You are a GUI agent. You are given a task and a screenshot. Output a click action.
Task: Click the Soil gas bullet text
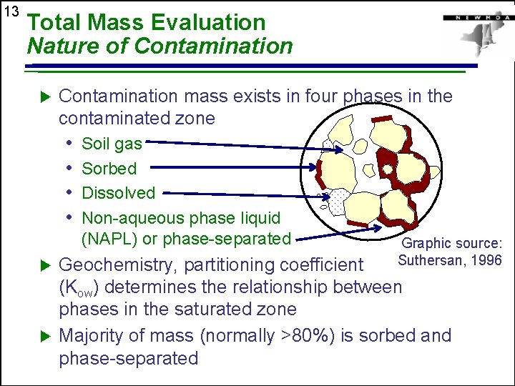pyautogui.click(x=112, y=144)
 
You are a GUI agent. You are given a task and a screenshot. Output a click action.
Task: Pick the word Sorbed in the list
pyautogui.click(x=109, y=169)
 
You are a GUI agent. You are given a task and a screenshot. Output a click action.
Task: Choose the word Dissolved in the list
pyautogui.click(x=118, y=193)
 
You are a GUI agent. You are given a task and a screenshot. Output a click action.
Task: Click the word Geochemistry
pyautogui.click(x=118, y=265)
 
